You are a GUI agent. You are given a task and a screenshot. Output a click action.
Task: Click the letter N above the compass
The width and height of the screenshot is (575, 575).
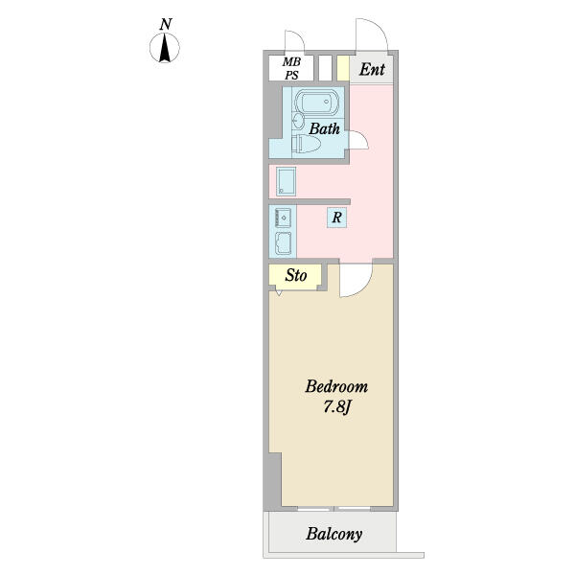click(x=166, y=24)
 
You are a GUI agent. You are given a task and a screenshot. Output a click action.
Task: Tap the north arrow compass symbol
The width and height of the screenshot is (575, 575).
click(x=165, y=48)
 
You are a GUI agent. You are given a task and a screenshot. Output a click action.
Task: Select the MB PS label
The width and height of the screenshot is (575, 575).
click(x=291, y=68)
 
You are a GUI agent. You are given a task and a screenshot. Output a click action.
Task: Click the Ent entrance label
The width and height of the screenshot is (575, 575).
click(x=372, y=69)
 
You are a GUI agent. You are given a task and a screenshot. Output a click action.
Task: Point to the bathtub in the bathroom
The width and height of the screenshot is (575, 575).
click(x=316, y=102)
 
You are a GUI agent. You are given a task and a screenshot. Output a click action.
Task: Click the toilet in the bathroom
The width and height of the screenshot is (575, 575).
click(x=307, y=144)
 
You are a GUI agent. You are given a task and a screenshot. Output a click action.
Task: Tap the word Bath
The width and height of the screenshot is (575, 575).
click(x=324, y=128)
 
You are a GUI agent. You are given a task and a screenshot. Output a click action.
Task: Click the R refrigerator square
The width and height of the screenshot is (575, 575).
click(x=336, y=218)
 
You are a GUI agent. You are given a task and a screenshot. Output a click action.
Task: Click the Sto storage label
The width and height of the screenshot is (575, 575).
click(x=296, y=275)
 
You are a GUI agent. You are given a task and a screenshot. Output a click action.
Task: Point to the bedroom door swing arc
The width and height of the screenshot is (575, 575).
click(x=363, y=285)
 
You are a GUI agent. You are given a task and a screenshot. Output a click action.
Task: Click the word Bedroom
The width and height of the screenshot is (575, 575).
click(x=336, y=386)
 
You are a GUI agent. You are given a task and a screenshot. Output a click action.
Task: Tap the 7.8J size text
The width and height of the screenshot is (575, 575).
click(x=337, y=407)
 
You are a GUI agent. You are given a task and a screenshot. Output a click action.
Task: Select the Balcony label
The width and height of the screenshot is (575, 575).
click(x=334, y=534)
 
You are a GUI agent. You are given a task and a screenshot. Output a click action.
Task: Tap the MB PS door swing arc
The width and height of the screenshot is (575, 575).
click(x=298, y=35)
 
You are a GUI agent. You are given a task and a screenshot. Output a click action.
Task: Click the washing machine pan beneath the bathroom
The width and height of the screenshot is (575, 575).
click(x=286, y=181)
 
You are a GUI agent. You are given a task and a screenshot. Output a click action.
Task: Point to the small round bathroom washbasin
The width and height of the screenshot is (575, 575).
click(x=298, y=121)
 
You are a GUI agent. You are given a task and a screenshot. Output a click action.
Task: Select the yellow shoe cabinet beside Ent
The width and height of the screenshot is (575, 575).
click(x=343, y=68)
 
